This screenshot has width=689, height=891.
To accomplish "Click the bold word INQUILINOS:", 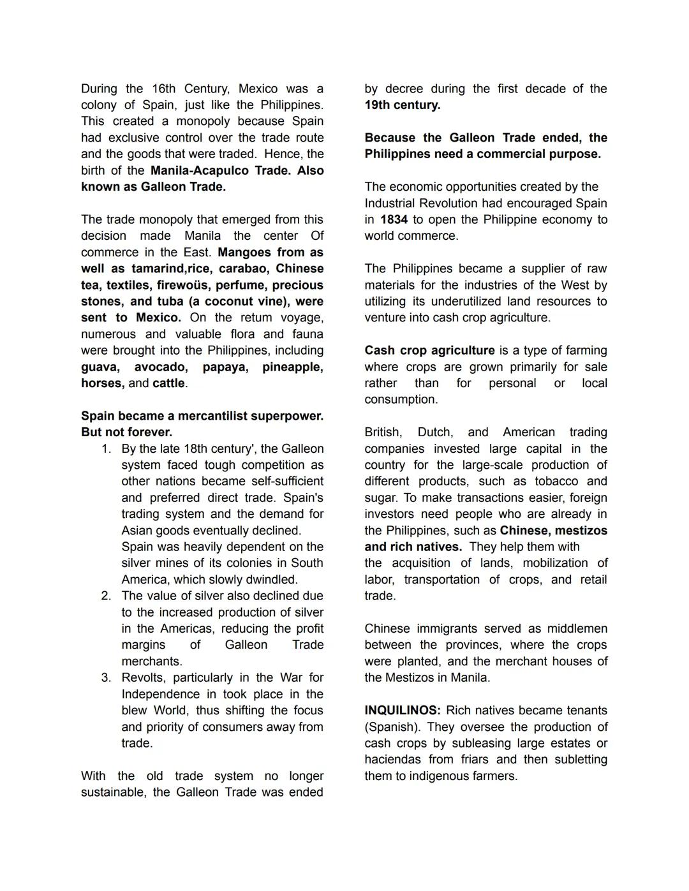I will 402,711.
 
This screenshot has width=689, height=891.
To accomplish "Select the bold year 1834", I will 394,219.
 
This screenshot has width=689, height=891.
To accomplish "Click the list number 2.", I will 106,596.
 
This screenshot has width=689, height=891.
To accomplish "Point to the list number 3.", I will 106,677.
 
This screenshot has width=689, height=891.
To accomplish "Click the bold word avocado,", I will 161,367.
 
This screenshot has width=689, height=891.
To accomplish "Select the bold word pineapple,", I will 292,367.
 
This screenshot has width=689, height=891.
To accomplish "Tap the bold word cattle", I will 169,383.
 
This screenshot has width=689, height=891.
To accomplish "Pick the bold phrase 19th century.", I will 402,105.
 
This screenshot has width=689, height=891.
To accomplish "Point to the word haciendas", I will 392,760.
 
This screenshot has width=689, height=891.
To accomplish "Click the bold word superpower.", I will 286,416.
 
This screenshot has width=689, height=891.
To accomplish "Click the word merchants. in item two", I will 152,661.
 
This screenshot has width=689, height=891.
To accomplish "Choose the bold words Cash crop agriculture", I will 429,351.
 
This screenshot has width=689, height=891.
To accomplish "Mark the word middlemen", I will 577,629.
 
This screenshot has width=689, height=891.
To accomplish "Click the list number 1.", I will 106,449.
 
